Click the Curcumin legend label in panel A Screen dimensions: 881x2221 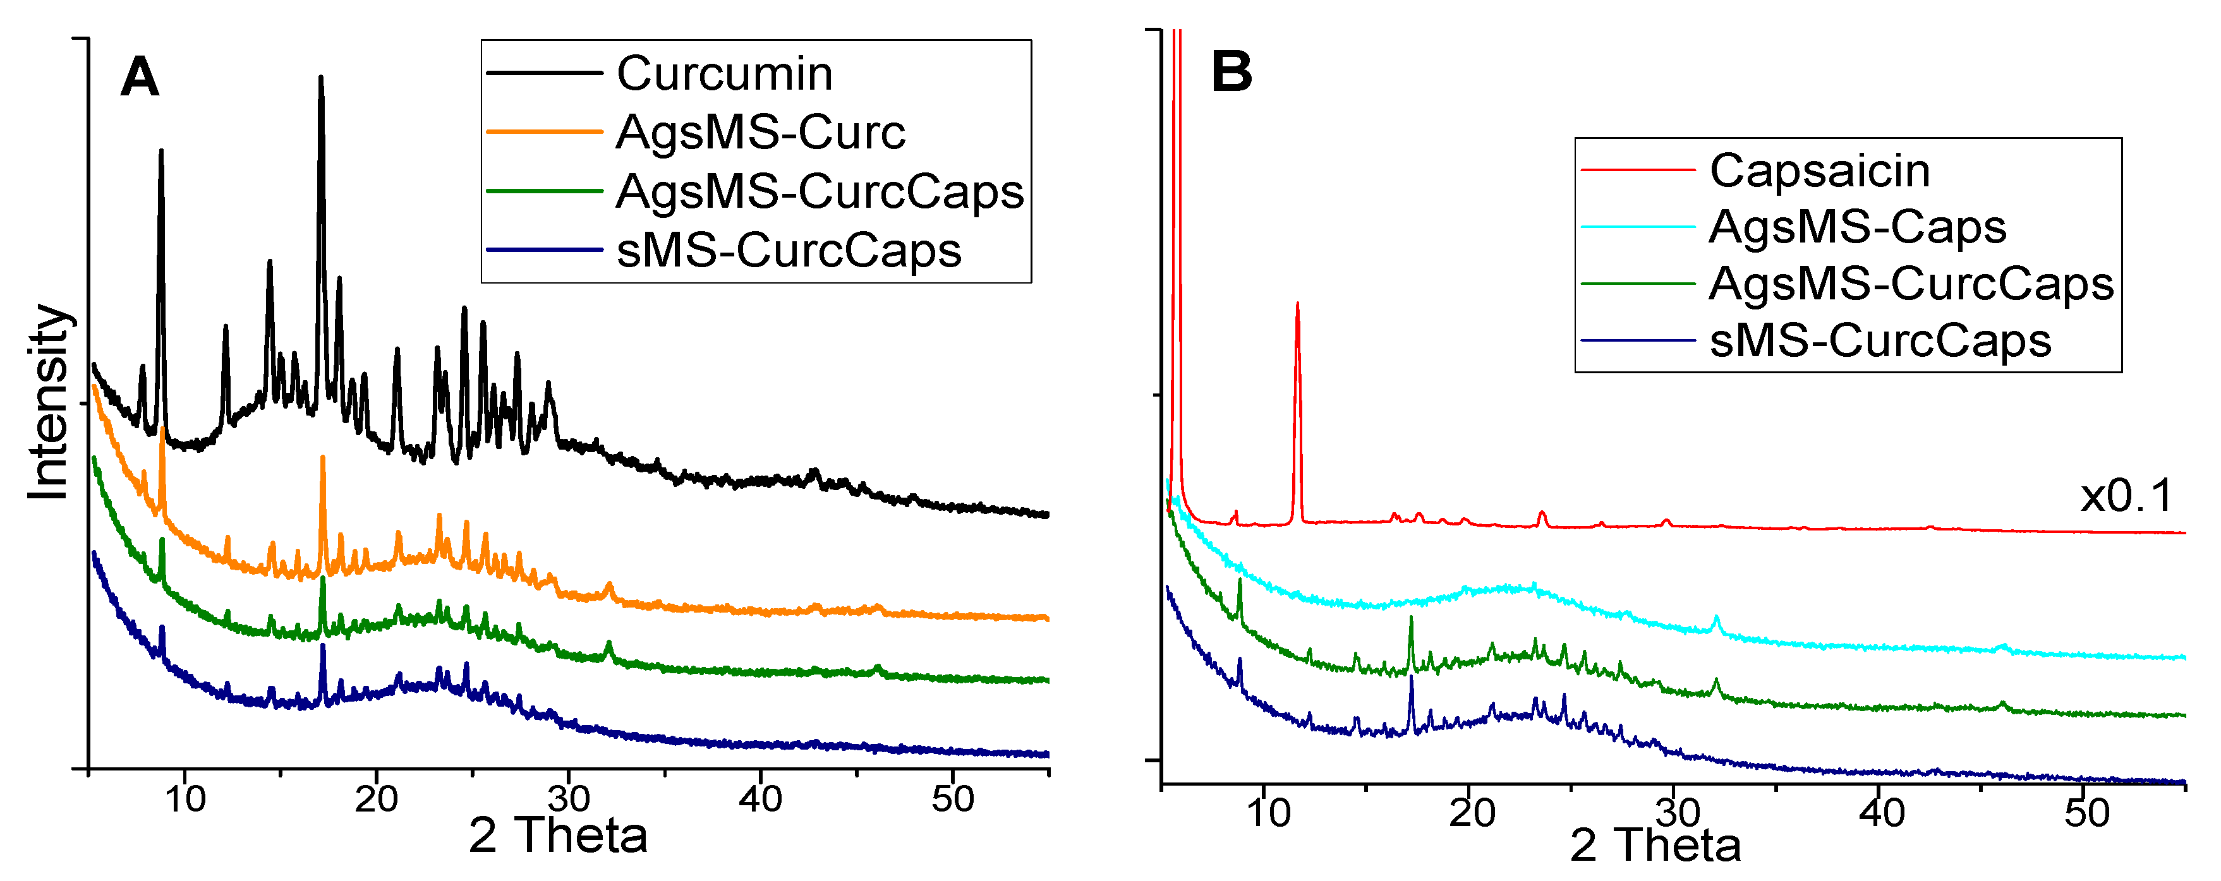[724, 73]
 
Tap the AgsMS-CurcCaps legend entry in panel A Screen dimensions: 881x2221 [819, 191]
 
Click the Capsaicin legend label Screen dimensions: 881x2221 [1819, 171]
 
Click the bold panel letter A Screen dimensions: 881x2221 [140, 78]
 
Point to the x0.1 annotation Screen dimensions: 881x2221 [2126, 496]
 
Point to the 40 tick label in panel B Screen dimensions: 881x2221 [1880, 813]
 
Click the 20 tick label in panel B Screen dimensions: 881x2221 [1471, 813]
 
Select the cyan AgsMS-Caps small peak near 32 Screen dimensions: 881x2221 [1716, 618]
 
